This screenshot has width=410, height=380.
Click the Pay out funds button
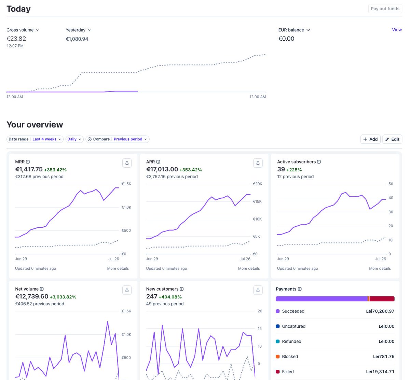click(385, 9)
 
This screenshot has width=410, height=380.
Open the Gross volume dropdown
click(23, 30)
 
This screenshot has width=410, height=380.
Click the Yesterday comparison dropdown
click(78, 30)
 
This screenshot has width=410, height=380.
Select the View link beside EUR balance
click(397, 30)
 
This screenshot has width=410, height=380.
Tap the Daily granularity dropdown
click(74, 139)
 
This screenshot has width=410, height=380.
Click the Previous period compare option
click(130, 139)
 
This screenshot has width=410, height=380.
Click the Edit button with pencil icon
click(392, 139)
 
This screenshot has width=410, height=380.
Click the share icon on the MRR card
click(127, 163)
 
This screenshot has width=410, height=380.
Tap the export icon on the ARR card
click(258, 163)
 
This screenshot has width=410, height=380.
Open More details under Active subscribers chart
click(380, 268)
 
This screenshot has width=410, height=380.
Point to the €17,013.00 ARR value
click(162, 169)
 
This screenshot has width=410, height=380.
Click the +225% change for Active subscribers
click(294, 170)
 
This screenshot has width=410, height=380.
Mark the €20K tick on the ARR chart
click(257, 184)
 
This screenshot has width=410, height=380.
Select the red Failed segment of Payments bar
click(382, 299)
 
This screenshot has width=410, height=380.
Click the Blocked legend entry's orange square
click(278, 356)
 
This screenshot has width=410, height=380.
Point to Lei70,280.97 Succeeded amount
click(380, 311)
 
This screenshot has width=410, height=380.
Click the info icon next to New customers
click(181, 289)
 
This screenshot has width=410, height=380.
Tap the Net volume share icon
click(127, 290)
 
